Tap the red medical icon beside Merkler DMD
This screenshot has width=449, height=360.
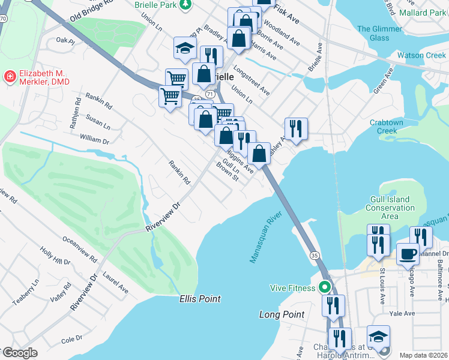click(x=10, y=76)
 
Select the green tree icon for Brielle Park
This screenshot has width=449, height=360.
click(x=187, y=5)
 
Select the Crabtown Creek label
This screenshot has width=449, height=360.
click(x=392, y=126)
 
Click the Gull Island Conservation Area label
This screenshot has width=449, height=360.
click(x=390, y=208)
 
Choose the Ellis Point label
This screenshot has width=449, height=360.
click(x=200, y=298)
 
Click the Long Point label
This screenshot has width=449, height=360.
click(x=282, y=314)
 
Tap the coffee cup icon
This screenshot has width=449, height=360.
click(x=408, y=253)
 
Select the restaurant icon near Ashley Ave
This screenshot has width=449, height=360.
click(x=296, y=128)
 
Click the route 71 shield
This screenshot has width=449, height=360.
click(x=209, y=95)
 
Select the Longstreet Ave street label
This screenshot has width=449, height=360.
click(x=252, y=80)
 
